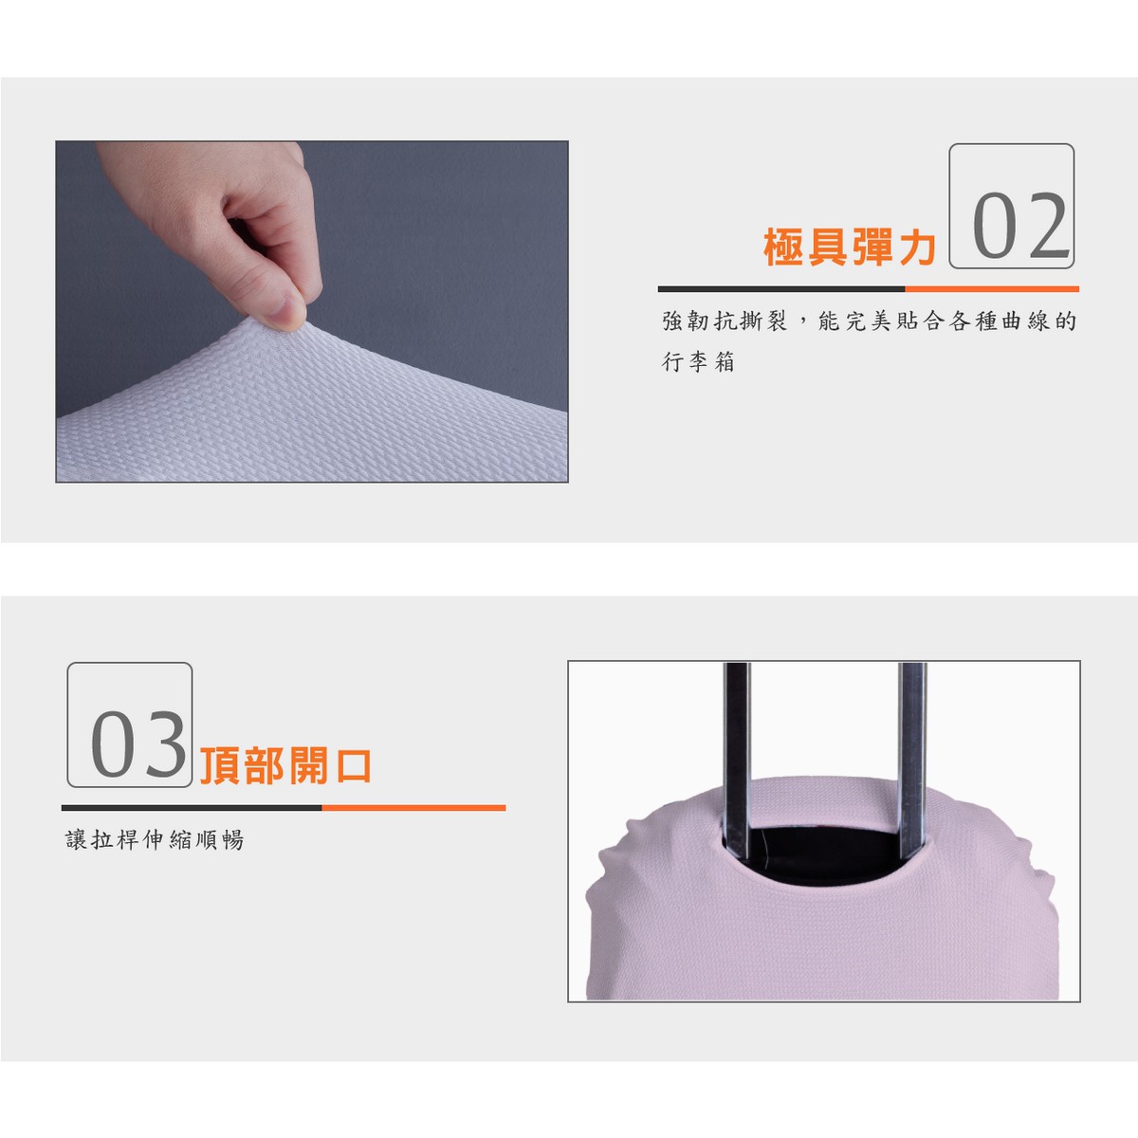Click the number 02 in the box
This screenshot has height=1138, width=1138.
[x=1021, y=226]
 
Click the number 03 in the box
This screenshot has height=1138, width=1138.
[x=138, y=744]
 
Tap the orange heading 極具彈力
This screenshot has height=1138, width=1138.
[x=850, y=247]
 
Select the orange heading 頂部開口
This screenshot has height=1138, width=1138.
[x=285, y=766]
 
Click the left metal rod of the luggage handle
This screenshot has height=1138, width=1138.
[x=737, y=762]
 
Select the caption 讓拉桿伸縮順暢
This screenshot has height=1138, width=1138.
[x=155, y=839]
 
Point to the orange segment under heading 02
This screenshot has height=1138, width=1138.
[x=992, y=289]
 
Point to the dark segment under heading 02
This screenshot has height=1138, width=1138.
[x=781, y=289]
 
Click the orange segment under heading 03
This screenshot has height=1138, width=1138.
[x=413, y=807]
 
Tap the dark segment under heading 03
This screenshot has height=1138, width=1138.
[x=192, y=807]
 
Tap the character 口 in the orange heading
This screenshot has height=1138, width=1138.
[x=353, y=766]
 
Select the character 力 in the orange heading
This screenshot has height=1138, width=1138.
[x=918, y=247]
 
